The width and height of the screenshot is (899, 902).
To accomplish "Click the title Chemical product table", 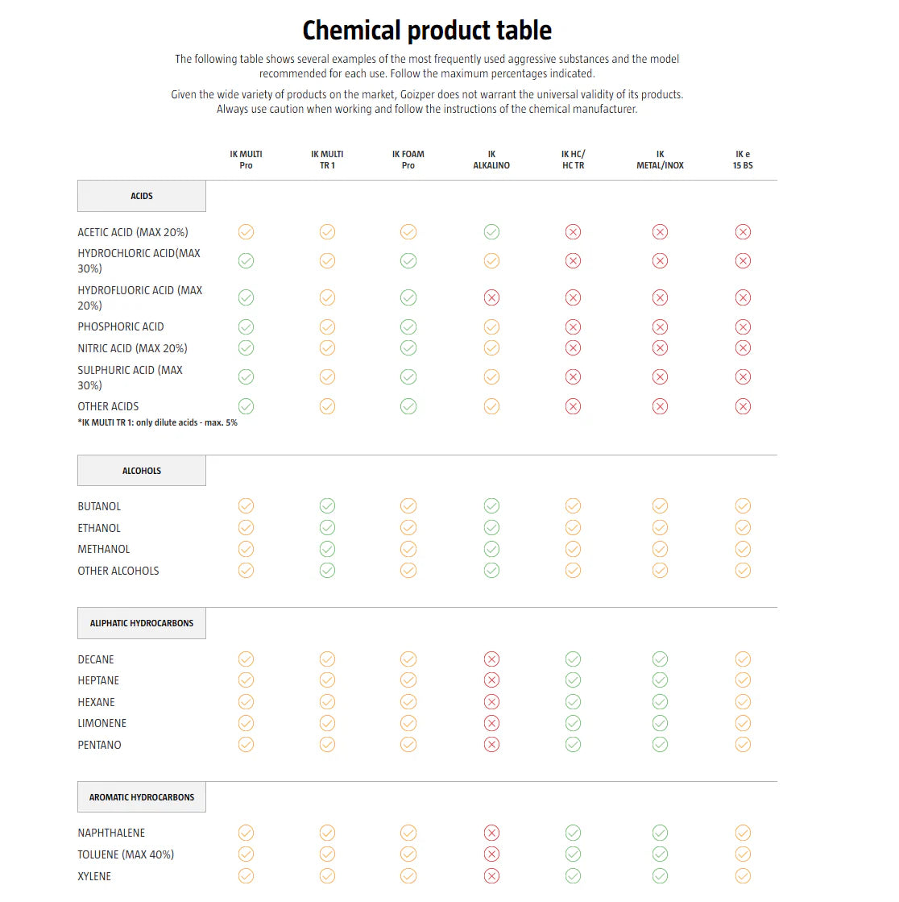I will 427,31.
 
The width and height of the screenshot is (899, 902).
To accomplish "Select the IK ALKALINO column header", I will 491,160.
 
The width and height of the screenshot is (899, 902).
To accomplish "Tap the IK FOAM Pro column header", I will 408,160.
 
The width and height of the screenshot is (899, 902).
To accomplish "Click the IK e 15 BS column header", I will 743,160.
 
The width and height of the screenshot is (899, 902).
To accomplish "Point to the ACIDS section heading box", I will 142,196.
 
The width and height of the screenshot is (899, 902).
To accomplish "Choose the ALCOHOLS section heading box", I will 142,471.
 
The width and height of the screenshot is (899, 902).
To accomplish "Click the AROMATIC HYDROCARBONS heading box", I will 142,797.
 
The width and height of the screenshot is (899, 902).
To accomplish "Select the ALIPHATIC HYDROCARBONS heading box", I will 142,623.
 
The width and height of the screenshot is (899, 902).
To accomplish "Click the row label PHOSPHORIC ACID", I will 121,326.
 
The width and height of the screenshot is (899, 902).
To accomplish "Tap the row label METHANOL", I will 104,549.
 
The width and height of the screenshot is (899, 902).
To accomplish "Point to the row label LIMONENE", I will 102,723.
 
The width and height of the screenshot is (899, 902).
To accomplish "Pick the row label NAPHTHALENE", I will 111,833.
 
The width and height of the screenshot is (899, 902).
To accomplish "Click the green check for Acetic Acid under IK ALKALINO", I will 491,232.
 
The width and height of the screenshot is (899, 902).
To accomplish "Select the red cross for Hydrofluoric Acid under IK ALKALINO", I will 491,297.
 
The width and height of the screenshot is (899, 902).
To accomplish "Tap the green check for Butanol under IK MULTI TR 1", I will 327,506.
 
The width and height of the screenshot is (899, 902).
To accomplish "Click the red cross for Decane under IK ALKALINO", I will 491,659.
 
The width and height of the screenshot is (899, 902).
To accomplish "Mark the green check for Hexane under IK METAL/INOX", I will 660,702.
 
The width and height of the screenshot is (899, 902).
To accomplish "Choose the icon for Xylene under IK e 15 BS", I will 743,875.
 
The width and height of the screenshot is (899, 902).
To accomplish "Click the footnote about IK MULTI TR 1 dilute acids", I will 158,422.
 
